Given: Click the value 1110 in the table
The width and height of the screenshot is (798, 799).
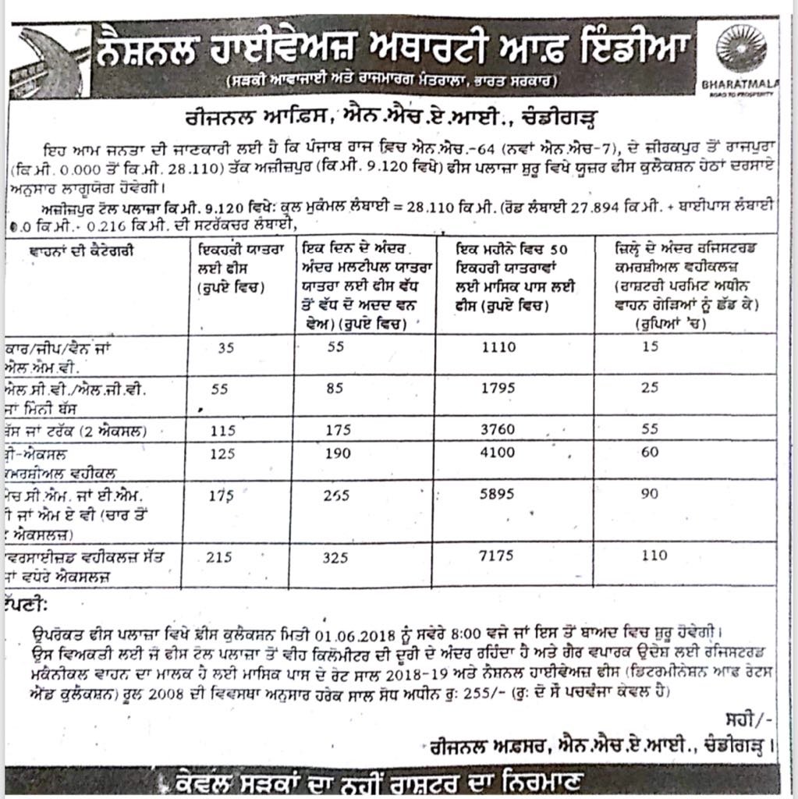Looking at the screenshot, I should pyautogui.click(x=498, y=349).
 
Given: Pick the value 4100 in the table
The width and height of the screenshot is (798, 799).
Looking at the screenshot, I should pyautogui.click(x=498, y=452).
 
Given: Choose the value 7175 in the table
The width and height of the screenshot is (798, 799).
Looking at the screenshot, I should pyautogui.click(x=498, y=556).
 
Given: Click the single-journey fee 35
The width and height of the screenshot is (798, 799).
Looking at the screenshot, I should pyautogui.click(x=225, y=349).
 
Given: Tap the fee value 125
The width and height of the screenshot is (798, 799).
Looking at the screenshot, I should pyautogui.click(x=225, y=452).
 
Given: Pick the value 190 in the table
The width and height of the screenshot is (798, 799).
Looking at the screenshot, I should pyautogui.click(x=336, y=452).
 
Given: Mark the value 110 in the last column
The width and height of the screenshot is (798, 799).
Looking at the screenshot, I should pyautogui.click(x=654, y=556).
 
